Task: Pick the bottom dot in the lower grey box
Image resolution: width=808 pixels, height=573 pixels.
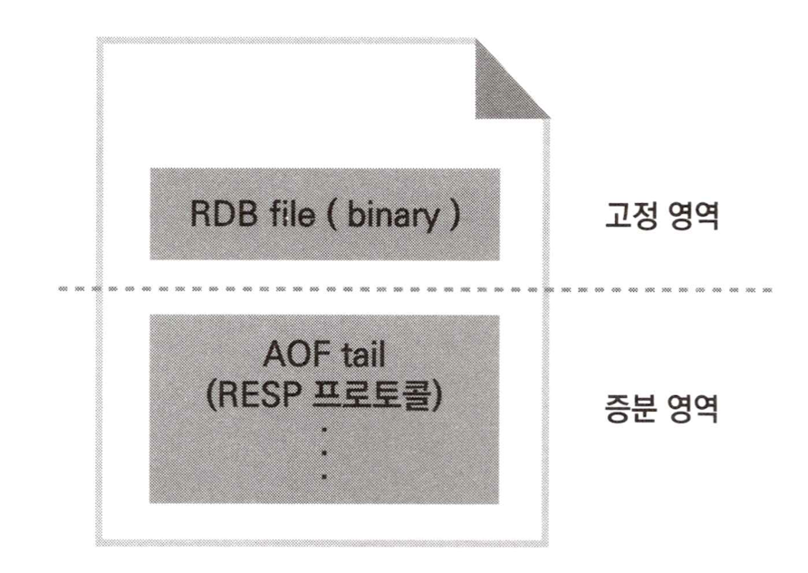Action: [x=325, y=474]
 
